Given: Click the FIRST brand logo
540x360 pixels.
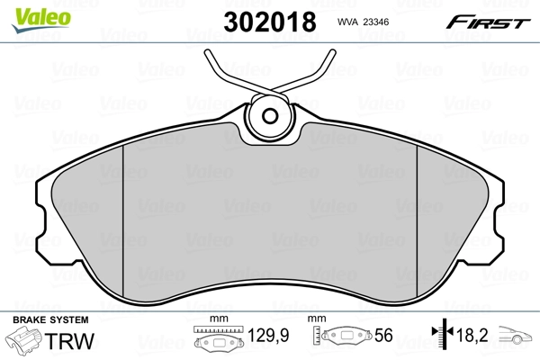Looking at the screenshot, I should click(x=490, y=22).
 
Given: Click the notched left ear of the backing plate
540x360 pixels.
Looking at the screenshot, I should click(x=43, y=216).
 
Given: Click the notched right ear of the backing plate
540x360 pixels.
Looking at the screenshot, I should click(x=497, y=216).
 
